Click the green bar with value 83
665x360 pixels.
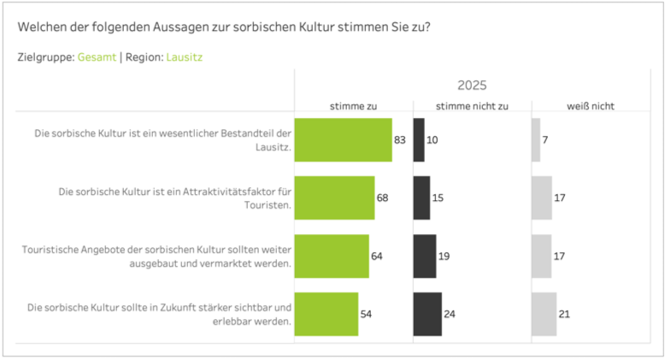pyautogui.click(x=343, y=140)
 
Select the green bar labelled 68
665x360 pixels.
pyautogui.click(x=334, y=198)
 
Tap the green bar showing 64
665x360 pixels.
pyautogui.click(x=332, y=256)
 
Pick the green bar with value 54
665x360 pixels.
pyautogui.click(x=326, y=314)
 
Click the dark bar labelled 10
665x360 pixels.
pyautogui.click(x=419, y=140)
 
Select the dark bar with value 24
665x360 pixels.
pyautogui.click(x=427, y=314)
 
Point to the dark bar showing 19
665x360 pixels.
pyautogui.click(x=425, y=256)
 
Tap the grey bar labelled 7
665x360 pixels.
pyautogui.click(x=536, y=140)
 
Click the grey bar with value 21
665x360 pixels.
pyautogui.click(x=544, y=314)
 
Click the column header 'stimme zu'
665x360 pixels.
pyautogui.click(x=353, y=106)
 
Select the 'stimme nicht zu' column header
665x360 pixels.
pyautogui.click(x=472, y=106)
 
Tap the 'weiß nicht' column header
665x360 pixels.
pyautogui.click(x=591, y=106)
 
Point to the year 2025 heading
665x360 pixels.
pyautogui.click(x=472, y=85)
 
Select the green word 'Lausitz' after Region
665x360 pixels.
pyautogui.click(x=185, y=57)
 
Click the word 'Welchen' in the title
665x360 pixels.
pyautogui.click(x=40, y=27)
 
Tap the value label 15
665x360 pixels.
pyautogui.click(x=438, y=198)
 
